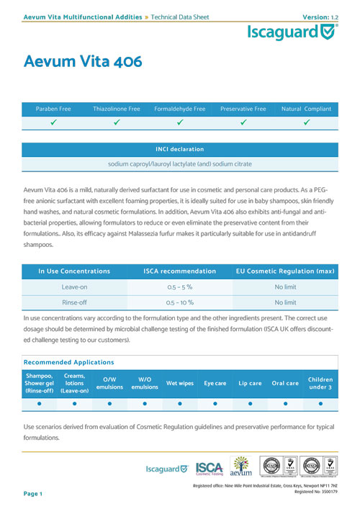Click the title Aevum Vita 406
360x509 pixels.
coord(83,61)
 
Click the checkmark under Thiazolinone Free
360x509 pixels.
coord(117,122)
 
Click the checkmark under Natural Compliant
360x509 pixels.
coord(307,122)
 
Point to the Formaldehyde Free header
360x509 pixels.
coord(179,109)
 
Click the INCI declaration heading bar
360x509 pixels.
coord(179,149)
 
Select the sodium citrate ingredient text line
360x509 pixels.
coord(179,164)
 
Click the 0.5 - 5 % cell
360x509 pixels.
coord(179,286)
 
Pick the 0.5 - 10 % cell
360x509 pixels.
coord(179,303)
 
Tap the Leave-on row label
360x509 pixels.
coord(74,286)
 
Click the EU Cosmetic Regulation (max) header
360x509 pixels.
coord(285,271)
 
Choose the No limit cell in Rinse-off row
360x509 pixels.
coord(285,303)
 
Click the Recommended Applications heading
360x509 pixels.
coord(69,361)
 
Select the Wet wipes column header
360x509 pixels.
coord(179,384)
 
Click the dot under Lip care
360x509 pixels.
coord(250,404)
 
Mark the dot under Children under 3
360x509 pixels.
coord(320,404)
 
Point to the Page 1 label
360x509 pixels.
coord(33,494)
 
